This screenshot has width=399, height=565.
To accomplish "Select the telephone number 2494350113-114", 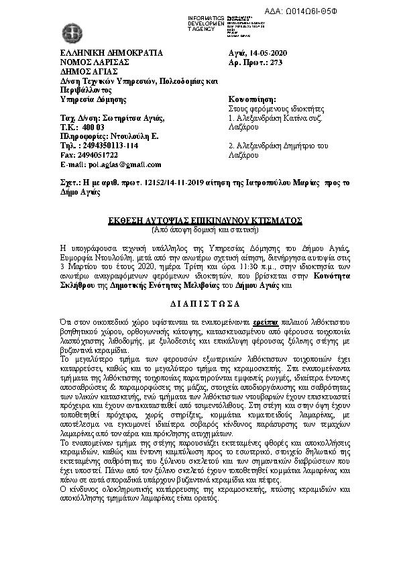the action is pyautogui.click(x=109, y=145).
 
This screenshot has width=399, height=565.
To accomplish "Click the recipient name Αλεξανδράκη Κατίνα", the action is pyautogui.click(x=273, y=117).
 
